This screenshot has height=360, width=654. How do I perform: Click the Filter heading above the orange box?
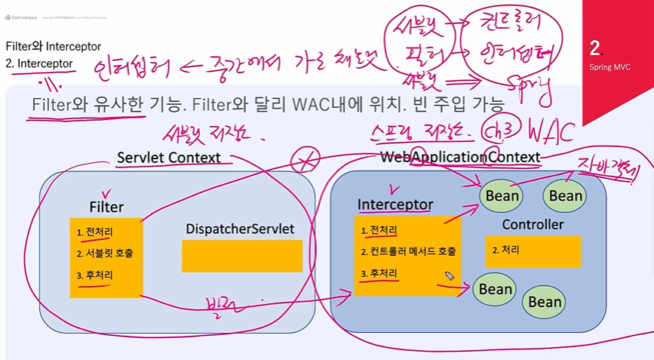pos(106,207)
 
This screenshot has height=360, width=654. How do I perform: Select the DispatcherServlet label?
pos(239,228)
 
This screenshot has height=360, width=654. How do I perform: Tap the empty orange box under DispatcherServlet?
pos(241,256)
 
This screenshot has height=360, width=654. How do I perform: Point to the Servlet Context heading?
pos(168,158)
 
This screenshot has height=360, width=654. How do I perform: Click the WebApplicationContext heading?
pos(459,157)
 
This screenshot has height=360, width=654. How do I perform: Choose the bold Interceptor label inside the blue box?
pos(395,205)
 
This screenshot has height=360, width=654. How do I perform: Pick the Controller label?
pos(533,225)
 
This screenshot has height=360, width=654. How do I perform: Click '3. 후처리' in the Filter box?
pos(95,275)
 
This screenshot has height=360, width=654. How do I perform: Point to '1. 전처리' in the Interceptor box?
pos(379,230)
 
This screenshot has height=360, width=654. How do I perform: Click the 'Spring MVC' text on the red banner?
pos(609,67)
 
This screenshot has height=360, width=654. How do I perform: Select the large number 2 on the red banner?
pos(596,49)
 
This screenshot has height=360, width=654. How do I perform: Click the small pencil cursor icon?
pos(449,277)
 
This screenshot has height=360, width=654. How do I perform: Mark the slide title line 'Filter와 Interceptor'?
pos(53,47)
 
